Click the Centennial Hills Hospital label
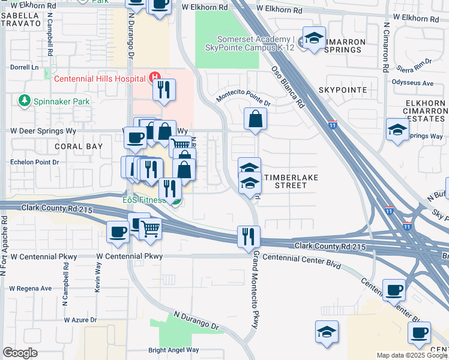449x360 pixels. [x=100, y=78]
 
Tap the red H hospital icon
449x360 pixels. [x=154, y=77]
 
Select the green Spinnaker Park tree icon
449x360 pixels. [x=25, y=101]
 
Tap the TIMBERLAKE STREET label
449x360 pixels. [x=291, y=181]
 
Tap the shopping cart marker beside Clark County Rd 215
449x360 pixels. [x=150, y=227]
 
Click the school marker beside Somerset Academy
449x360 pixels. [x=314, y=38]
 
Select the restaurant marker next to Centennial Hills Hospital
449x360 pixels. [x=163, y=90]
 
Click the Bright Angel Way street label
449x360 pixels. [x=173, y=350]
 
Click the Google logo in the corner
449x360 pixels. [x=20, y=353]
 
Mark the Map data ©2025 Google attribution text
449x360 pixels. [x=412, y=355]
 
